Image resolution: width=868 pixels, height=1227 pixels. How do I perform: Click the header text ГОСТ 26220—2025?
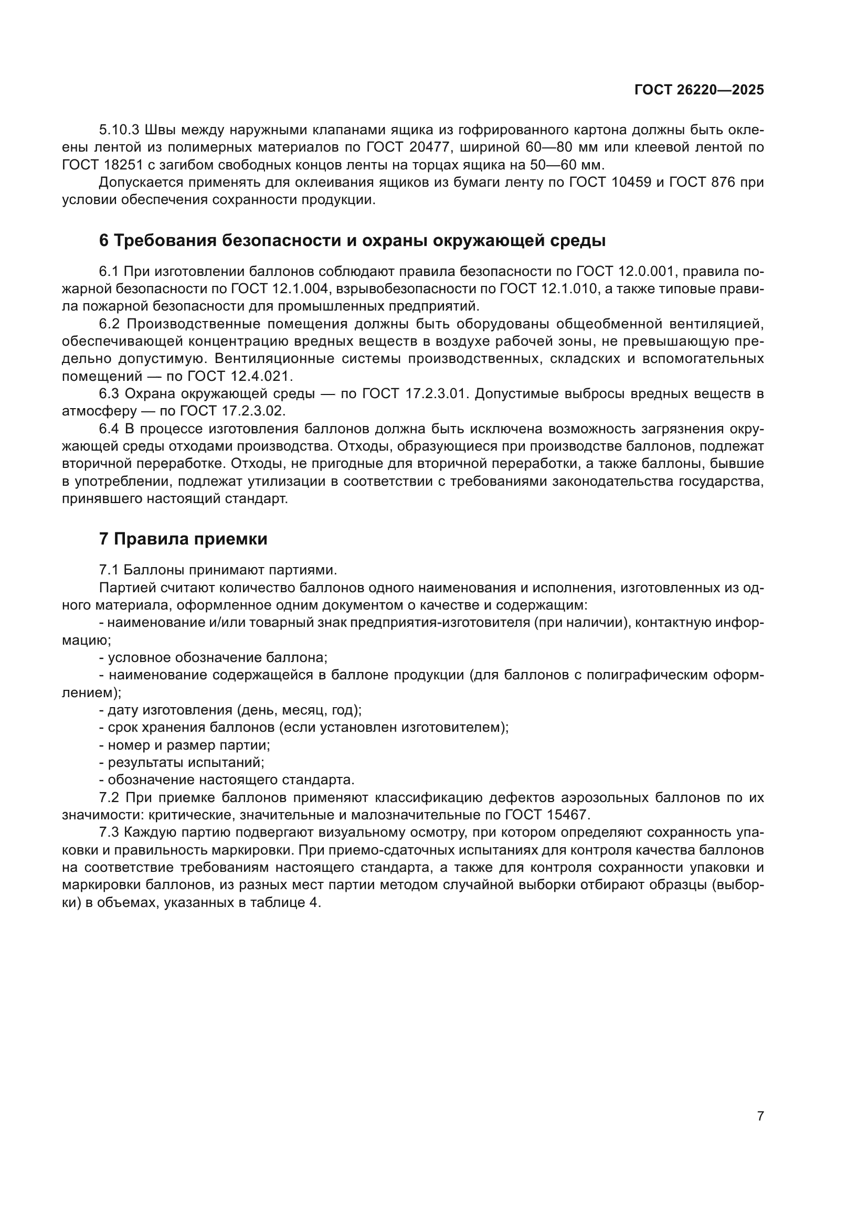pos(698,90)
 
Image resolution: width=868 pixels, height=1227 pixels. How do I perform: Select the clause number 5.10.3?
pos(119,130)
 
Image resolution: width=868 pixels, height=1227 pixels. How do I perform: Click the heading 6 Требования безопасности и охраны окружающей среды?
pos(352,241)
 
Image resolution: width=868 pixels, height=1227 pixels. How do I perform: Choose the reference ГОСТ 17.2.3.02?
pos(233,411)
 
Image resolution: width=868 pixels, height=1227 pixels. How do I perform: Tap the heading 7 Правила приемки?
pos(183,539)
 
